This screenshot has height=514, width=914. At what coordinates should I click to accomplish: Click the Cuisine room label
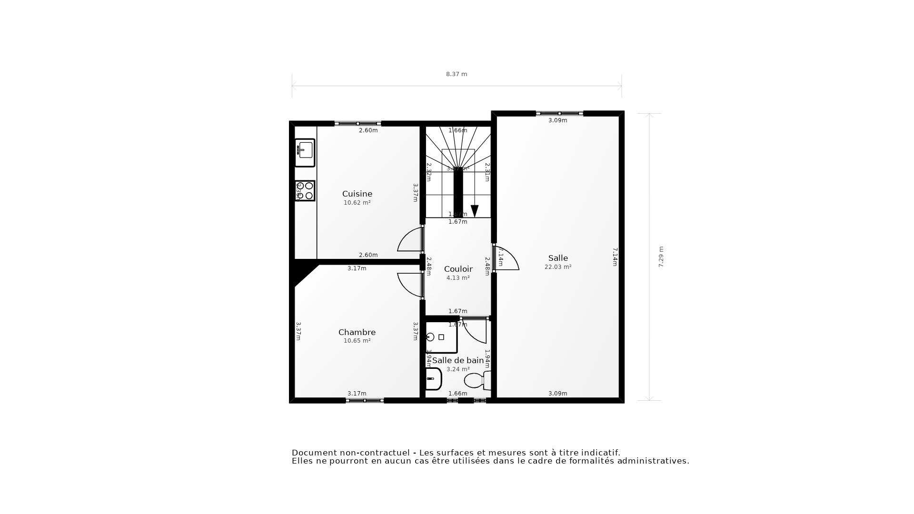click(357, 194)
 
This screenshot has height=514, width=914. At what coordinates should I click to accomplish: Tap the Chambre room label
click(357, 332)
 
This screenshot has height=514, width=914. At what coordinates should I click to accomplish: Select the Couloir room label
click(458, 269)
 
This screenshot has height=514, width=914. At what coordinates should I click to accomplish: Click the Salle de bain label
click(457, 360)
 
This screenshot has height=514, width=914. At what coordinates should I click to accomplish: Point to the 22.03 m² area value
click(558, 267)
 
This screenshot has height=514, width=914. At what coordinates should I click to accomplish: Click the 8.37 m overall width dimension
click(457, 74)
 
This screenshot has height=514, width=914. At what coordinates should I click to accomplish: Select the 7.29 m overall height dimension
click(661, 257)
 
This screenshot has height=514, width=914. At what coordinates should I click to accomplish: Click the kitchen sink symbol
click(305, 152)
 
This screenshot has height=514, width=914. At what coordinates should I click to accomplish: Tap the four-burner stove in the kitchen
click(305, 191)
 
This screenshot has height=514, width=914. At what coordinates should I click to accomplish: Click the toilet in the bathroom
click(476, 380)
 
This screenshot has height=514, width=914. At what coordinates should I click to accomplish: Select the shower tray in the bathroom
click(441, 337)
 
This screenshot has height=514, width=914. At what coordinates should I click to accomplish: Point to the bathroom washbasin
click(433, 379)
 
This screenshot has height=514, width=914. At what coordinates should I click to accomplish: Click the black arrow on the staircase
click(475, 210)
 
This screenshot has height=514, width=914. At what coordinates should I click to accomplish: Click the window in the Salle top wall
click(559, 113)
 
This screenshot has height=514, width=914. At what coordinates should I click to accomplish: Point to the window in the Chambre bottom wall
click(365, 401)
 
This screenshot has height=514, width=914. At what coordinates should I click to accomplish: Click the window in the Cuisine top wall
click(358, 123)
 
